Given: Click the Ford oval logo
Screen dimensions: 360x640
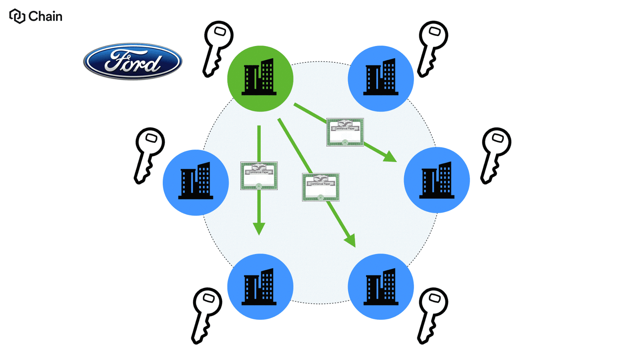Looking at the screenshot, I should coord(132,61).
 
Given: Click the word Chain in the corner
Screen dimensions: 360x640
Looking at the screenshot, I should coord(45,16).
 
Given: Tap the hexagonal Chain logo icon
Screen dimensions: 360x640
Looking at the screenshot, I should coord(17,16).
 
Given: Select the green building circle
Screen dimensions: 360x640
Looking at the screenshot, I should coord(260,78).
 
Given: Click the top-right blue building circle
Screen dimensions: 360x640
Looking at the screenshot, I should coord(381,78).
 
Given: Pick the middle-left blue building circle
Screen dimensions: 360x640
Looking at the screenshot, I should coord(196,182).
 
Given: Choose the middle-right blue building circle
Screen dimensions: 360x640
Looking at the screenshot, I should coord(437,180).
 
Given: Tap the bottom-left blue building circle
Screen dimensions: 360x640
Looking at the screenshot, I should coord(260,286).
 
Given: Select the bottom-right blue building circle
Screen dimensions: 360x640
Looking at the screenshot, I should coord(381,286).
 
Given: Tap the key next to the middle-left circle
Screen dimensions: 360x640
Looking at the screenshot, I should coord(148,154).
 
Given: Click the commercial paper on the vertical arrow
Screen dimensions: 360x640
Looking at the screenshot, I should coord(259,176).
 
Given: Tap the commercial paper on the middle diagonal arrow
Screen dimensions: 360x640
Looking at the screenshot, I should coord(320,187).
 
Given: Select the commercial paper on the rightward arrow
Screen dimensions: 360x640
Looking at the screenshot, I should coord(345,132).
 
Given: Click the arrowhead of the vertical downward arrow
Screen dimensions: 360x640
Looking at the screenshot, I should coord(259,229).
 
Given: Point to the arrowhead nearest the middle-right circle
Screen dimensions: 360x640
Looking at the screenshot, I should coord(390,156).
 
